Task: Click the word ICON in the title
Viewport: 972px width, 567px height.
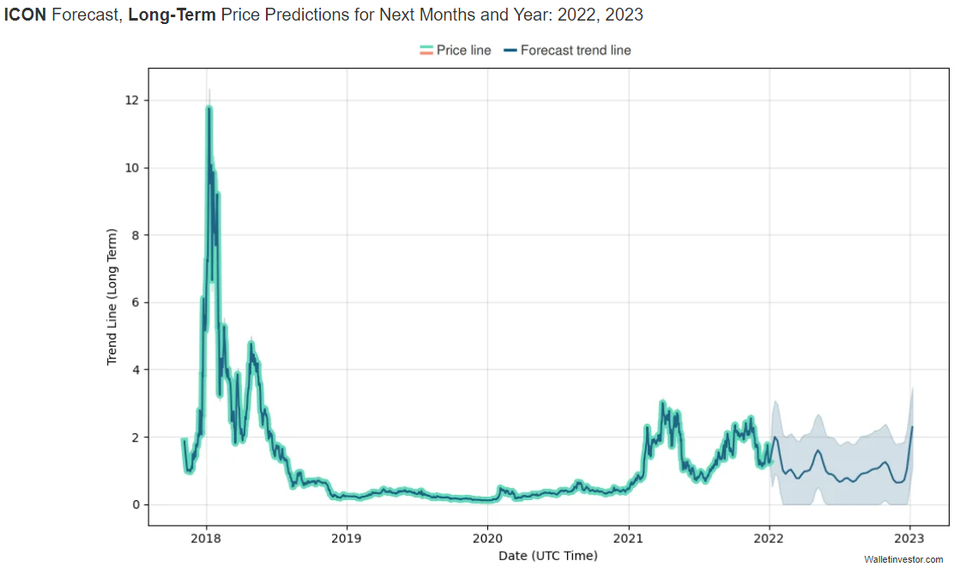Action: click(26, 15)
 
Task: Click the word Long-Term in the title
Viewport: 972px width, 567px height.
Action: click(172, 15)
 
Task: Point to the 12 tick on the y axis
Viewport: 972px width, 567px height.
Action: click(130, 100)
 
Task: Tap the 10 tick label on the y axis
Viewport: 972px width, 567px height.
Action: click(130, 168)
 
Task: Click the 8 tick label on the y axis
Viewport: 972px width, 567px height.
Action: click(134, 235)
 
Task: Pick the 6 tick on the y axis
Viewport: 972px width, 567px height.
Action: click(134, 303)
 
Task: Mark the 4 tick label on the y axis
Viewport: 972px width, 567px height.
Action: click(134, 370)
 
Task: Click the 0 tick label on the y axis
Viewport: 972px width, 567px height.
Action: click(134, 504)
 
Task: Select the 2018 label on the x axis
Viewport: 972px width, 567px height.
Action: click(206, 539)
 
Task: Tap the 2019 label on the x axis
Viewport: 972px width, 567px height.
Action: click(347, 539)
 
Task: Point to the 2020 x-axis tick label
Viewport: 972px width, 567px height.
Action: click(487, 539)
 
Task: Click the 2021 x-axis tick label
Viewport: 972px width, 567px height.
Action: click(629, 539)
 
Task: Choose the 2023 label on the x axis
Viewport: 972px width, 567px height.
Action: click(910, 539)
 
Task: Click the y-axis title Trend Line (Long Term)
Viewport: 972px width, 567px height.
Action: click(112, 297)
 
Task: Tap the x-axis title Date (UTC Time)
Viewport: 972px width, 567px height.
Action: click(548, 556)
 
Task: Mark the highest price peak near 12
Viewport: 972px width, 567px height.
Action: click(208, 107)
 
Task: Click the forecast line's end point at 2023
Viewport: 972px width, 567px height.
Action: click(912, 427)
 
